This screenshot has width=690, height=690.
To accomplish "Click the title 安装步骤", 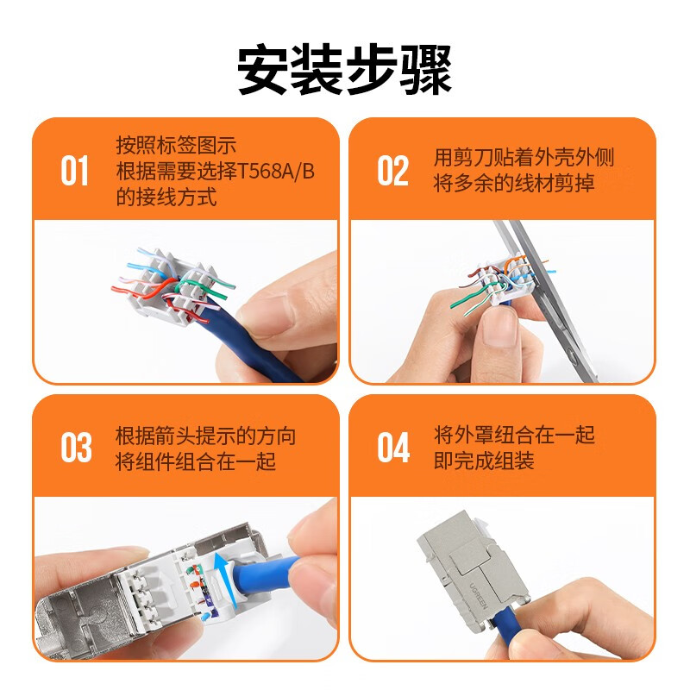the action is point(344,69).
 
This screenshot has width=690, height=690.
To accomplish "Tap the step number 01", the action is point(74,171).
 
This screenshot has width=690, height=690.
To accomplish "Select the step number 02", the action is point(392,171).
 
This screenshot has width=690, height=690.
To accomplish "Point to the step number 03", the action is point(76,448).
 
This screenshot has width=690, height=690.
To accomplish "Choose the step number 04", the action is point(393,448).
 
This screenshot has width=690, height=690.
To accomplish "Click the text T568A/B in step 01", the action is point(276,171).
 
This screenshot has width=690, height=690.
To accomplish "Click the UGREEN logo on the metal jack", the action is point(478,596).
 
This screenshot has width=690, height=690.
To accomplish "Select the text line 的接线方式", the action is point(166,197).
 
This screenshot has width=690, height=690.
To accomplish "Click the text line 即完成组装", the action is point(484,461).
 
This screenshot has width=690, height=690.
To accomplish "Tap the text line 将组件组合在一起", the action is point(196,461).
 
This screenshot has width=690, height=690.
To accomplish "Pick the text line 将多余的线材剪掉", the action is point(514,183).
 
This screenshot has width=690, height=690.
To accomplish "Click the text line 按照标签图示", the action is point(176,145).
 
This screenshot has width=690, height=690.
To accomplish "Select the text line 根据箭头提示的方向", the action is point(205,436).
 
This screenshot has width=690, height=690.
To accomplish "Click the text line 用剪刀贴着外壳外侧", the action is point(524,158).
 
